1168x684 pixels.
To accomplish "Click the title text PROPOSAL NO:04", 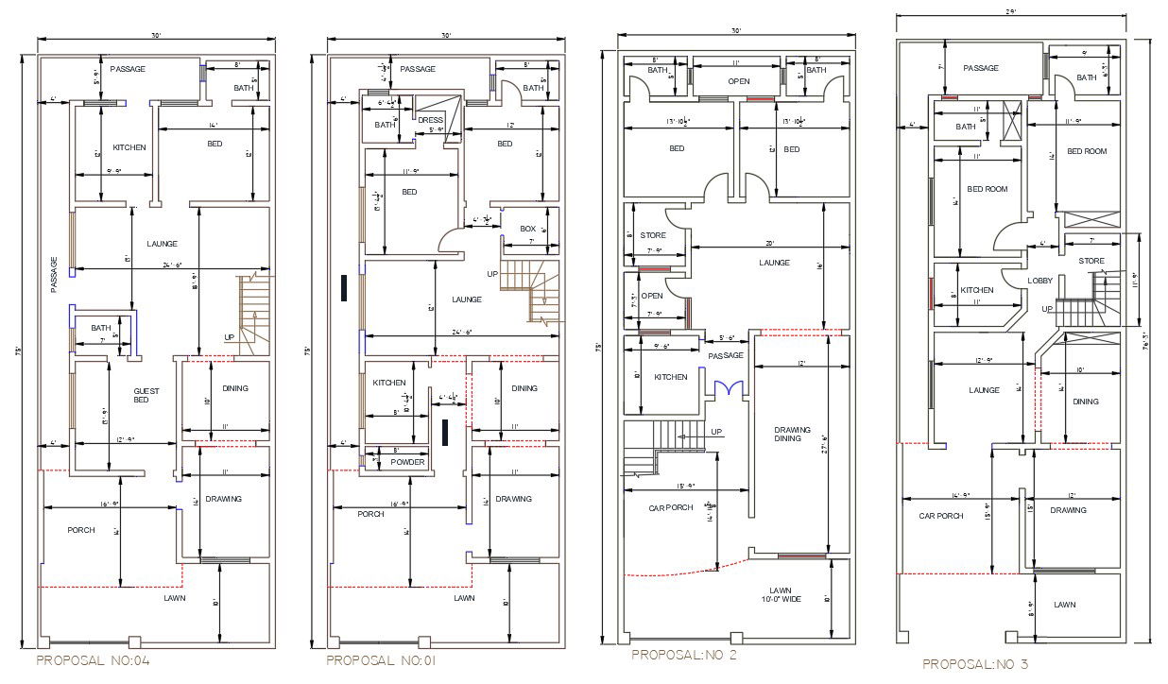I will pyautogui.click(x=93, y=660).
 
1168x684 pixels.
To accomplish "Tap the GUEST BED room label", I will pyautogui.click(x=146, y=395).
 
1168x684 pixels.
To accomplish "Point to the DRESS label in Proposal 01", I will pyautogui.click(x=430, y=120).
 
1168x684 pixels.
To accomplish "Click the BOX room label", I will pyautogui.click(x=528, y=229).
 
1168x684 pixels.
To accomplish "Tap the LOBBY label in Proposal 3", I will pyautogui.click(x=1041, y=281).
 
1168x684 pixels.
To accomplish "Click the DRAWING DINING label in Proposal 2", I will pyautogui.click(x=792, y=434).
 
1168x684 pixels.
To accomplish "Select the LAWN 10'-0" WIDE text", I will pyautogui.click(x=779, y=594).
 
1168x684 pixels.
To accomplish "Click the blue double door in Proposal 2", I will pyautogui.click(x=728, y=388).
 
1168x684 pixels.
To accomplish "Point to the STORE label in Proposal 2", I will pyautogui.click(x=653, y=235).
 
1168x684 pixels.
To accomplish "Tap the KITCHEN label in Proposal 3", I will pyautogui.click(x=977, y=290).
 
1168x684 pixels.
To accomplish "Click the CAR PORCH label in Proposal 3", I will pyautogui.click(x=941, y=516).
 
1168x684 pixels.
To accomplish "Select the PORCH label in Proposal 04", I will pyautogui.click(x=81, y=530).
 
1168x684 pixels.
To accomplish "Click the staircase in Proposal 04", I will pyautogui.click(x=252, y=315).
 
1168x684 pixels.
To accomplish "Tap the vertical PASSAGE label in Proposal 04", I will pyautogui.click(x=54, y=274).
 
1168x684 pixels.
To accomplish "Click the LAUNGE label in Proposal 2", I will pyautogui.click(x=774, y=263).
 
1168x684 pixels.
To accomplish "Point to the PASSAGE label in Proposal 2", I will pyautogui.click(x=727, y=355).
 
